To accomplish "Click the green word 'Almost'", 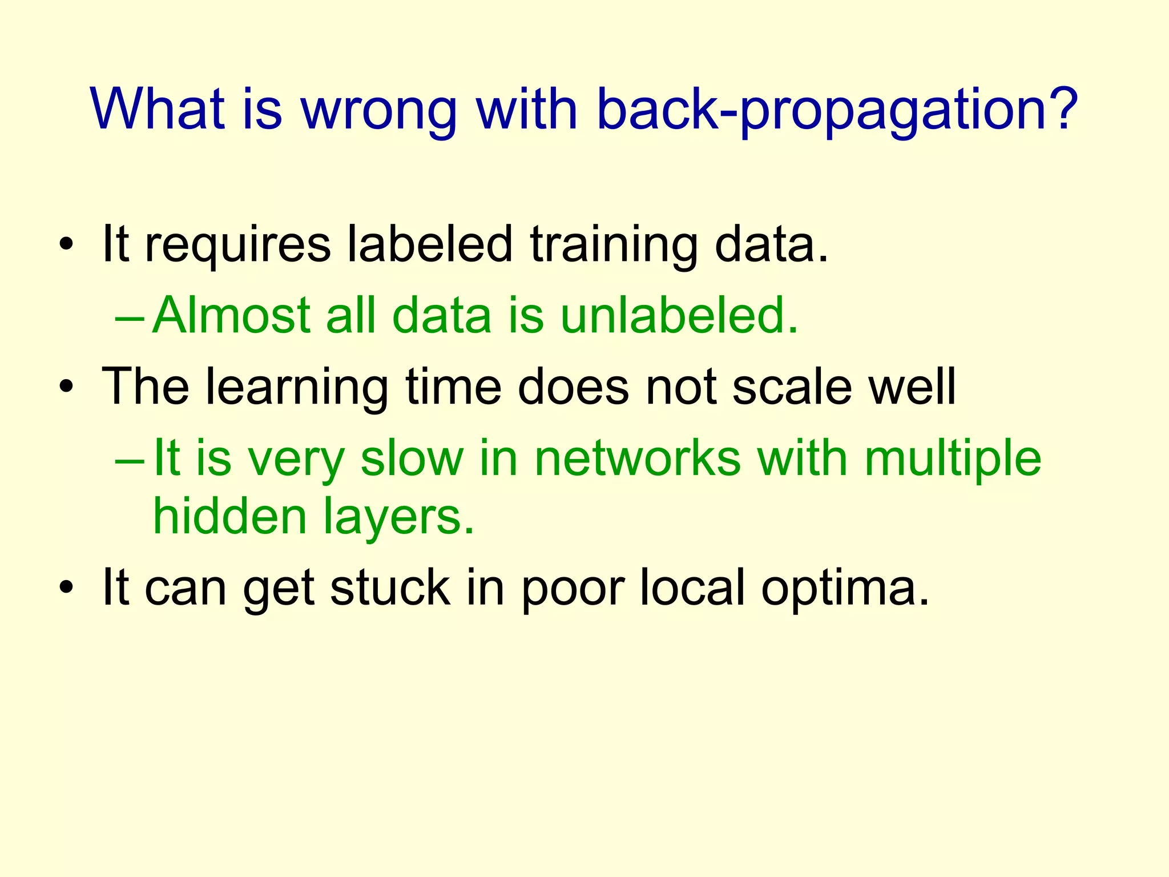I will pos(231,315).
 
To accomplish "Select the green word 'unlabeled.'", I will pos(679,315).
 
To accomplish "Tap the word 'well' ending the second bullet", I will pos(912,387).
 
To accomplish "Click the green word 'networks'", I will pos(637,458).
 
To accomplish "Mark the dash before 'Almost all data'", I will pos(129,316).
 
